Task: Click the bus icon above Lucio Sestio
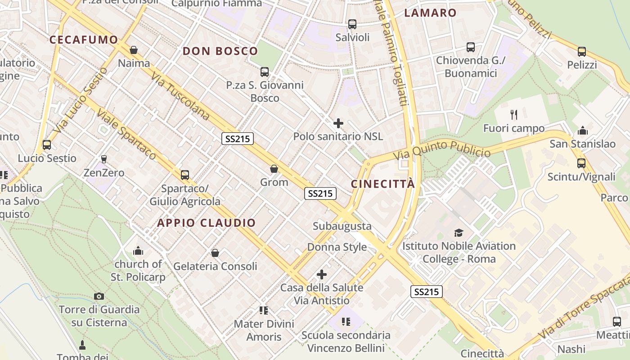(46, 145)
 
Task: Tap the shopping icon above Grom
(274, 169)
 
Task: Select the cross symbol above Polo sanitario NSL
(338, 123)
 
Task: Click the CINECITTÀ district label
(382, 184)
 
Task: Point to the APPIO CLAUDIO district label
(206, 223)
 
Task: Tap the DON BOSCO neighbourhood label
(220, 51)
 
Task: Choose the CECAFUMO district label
(83, 40)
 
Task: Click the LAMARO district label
(430, 13)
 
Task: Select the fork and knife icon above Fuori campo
(513, 114)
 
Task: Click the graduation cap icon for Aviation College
(459, 233)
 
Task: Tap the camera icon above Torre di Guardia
(99, 296)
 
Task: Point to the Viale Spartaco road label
(126, 135)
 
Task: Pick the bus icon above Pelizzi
(581, 51)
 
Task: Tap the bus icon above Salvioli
(352, 24)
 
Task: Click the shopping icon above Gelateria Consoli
(215, 253)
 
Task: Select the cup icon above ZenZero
(104, 159)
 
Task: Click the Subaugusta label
(342, 226)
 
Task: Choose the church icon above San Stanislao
(583, 130)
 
